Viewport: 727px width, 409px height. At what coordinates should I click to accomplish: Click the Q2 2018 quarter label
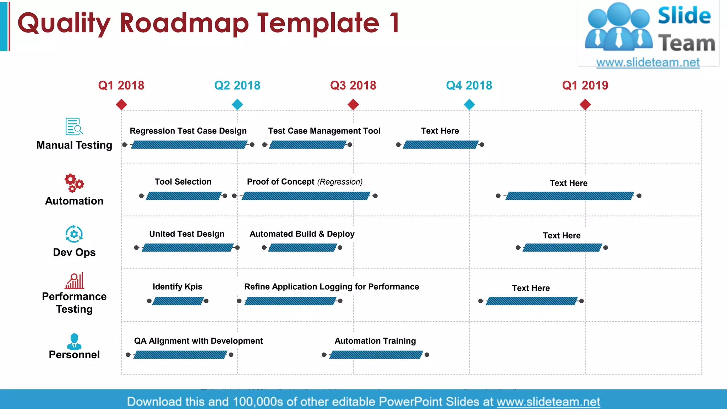point(237,86)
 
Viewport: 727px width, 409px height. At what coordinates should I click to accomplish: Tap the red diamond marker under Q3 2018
point(353,104)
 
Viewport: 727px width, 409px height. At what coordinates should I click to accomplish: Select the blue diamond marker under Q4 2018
point(469,104)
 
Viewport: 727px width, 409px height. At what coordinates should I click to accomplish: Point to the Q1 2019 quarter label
point(585,86)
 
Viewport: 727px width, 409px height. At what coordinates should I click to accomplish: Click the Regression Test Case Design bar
point(189,144)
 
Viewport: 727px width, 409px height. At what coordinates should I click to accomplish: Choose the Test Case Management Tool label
point(324,131)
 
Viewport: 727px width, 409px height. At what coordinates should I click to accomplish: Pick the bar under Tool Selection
point(184,196)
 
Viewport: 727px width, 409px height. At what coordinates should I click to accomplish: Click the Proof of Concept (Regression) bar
point(306,196)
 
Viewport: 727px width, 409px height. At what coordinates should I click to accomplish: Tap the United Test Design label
point(187,234)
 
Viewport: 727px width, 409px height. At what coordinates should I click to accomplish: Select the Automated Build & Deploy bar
point(302,247)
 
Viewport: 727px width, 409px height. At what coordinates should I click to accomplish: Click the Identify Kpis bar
point(178,301)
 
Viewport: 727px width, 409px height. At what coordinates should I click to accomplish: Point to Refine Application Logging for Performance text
point(332,287)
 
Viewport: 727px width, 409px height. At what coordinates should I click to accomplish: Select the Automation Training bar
point(376,355)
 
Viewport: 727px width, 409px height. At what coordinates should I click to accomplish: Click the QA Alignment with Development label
point(198,341)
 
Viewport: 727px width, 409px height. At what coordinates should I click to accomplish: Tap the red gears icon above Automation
point(74,183)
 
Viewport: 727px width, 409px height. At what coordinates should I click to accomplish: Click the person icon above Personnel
point(74,341)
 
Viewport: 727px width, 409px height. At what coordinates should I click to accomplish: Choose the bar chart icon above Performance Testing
point(75,281)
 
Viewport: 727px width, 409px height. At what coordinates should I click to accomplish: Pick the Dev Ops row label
point(74,252)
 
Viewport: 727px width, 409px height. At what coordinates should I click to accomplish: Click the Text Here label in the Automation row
point(568,183)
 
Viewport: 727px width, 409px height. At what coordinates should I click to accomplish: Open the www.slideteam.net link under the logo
point(648,62)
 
